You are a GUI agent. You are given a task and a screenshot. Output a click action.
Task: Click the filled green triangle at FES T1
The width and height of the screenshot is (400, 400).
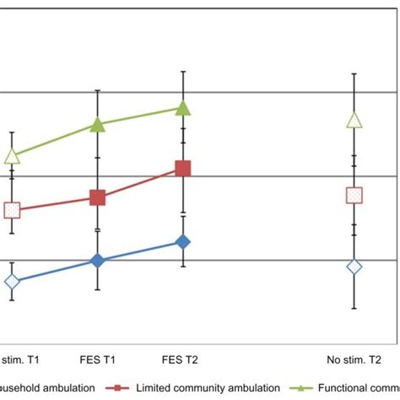(x=98, y=125)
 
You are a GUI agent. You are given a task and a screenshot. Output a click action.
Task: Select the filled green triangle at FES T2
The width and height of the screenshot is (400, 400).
(x=183, y=108)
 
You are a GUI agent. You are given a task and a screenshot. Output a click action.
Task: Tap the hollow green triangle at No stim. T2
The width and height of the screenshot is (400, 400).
(x=354, y=121)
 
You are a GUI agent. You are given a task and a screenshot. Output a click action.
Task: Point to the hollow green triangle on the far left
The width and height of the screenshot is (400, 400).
(x=12, y=156)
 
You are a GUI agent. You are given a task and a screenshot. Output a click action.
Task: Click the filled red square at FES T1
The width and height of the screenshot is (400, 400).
(x=98, y=197)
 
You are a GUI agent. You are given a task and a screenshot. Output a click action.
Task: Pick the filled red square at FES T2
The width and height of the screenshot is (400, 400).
(x=183, y=169)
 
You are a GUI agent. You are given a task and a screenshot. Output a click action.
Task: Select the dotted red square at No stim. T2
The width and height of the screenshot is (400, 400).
(x=354, y=195)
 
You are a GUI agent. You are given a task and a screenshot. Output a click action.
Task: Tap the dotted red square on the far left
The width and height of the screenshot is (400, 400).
(x=12, y=210)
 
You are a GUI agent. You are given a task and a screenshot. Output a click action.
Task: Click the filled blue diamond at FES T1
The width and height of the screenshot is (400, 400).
(x=98, y=261)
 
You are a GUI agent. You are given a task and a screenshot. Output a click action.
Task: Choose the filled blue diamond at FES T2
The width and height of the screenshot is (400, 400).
(x=183, y=242)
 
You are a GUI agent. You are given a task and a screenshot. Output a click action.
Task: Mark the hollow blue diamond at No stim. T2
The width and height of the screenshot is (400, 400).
(x=354, y=267)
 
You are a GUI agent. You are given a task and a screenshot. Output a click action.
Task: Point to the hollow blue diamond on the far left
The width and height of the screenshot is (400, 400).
(x=12, y=281)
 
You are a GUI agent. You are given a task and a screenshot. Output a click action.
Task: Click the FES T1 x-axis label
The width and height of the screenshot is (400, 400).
(x=98, y=359)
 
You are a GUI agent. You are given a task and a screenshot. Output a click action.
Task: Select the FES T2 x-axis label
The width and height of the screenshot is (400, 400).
(x=183, y=359)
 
